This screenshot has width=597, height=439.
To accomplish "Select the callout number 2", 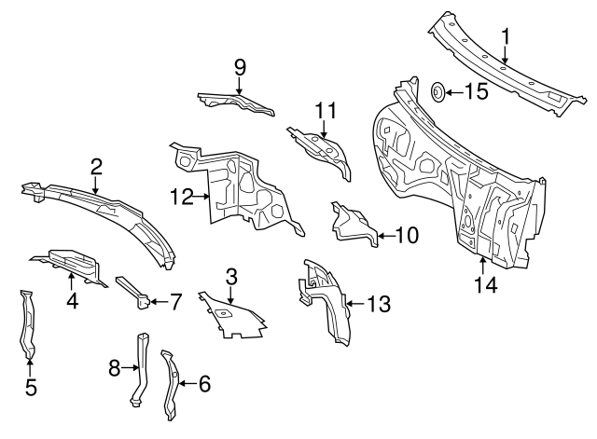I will tap(95, 167).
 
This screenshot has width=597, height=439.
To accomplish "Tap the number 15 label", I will tap(476, 91).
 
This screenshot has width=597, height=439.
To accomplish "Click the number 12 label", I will tap(182, 197).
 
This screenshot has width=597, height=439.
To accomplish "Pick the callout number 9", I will tap(239, 66).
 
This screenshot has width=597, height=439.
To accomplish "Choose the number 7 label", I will tap(174, 301).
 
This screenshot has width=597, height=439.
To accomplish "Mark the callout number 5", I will tap(30, 386).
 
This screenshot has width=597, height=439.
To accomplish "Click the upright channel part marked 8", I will tap(140, 368).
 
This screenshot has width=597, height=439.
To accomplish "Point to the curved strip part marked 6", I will tap(172, 384).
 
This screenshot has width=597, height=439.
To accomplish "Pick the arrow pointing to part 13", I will tap(352, 302).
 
